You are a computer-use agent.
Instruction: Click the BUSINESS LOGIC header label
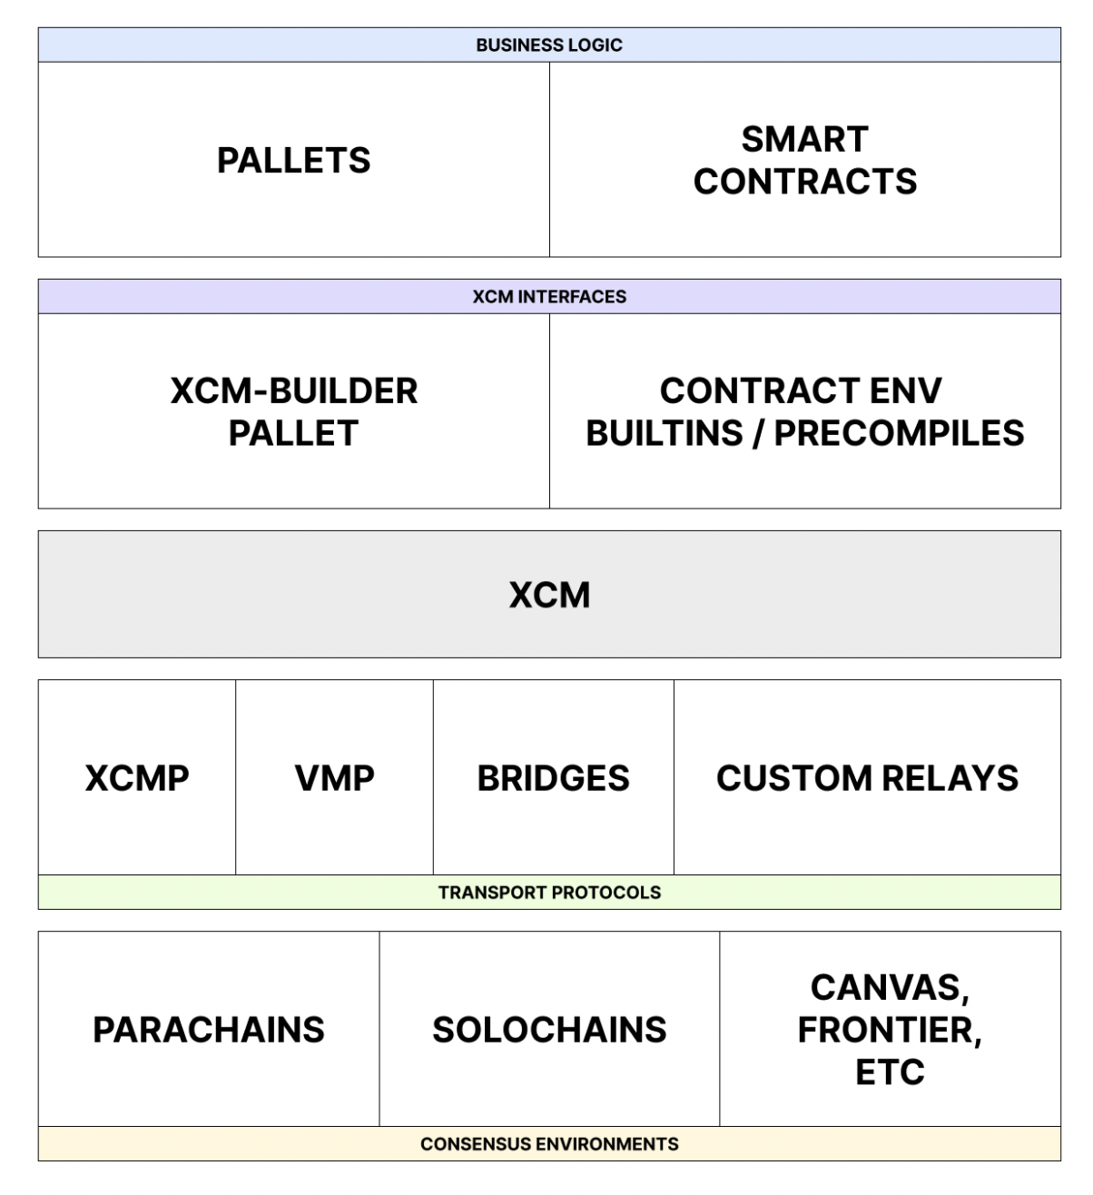[x=548, y=44]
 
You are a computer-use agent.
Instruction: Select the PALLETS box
[x=293, y=160]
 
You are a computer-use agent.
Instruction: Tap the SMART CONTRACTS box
[x=804, y=160]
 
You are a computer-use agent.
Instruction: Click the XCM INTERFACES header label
[x=548, y=297]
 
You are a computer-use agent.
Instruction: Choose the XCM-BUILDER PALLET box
[x=293, y=411]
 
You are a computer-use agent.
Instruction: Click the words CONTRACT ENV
[x=801, y=390]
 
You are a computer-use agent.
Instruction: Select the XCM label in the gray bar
[x=548, y=595]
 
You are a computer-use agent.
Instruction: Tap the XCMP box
[x=137, y=778]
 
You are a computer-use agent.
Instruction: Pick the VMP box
[x=334, y=778]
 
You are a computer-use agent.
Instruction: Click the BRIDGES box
[x=553, y=778]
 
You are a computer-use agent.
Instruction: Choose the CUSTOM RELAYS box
[x=867, y=778]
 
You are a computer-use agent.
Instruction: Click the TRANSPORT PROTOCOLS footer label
[x=548, y=893]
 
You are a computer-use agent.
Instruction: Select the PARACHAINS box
[x=209, y=1030]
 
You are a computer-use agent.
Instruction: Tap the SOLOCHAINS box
[x=548, y=1030]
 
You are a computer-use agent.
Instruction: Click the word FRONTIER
[x=886, y=1030]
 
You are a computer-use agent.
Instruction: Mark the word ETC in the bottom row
[x=890, y=1072]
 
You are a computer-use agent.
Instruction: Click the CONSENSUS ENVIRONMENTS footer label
[x=548, y=1144]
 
